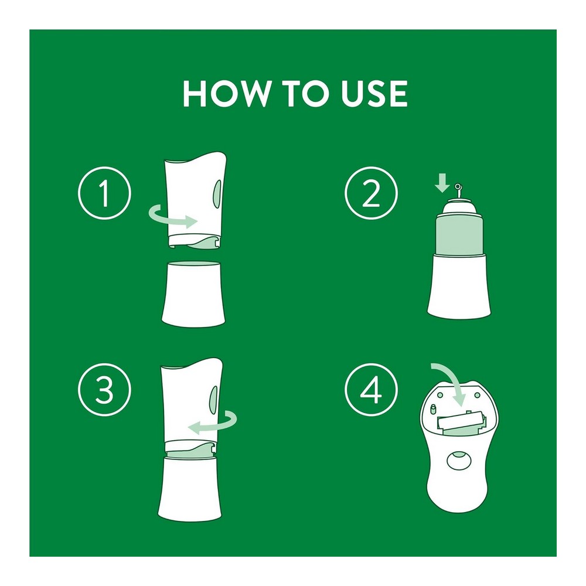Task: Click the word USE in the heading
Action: click(x=374, y=93)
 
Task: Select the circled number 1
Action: click(x=105, y=193)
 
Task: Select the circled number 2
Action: click(x=371, y=193)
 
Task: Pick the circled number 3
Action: click(x=105, y=390)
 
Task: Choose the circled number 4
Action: click(x=371, y=390)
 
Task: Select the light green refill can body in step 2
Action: click(x=459, y=236)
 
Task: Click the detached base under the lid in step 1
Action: click(x=193, y=294)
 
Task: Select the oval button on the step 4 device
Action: click(x=459, y=460)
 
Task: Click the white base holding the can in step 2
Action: click(x=459, y=286)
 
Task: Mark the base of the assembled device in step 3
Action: click(x=190, y=489)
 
